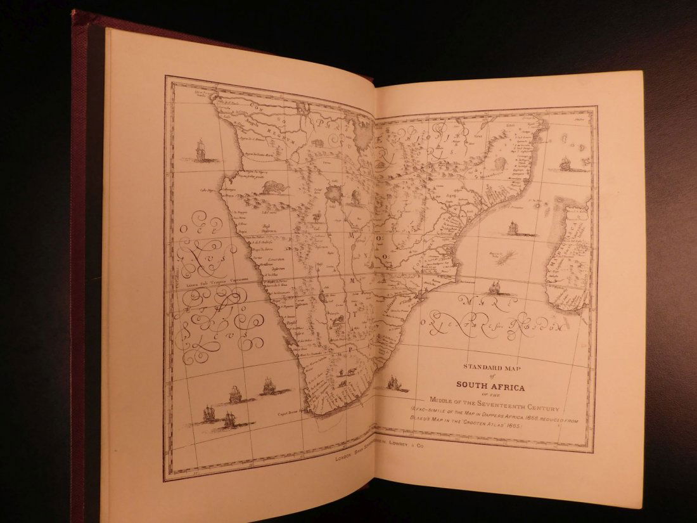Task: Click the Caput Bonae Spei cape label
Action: click(287, 411)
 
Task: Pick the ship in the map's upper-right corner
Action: click(565, 164)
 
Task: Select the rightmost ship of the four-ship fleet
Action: click(269, 385)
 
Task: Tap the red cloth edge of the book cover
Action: click(79, 254)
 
